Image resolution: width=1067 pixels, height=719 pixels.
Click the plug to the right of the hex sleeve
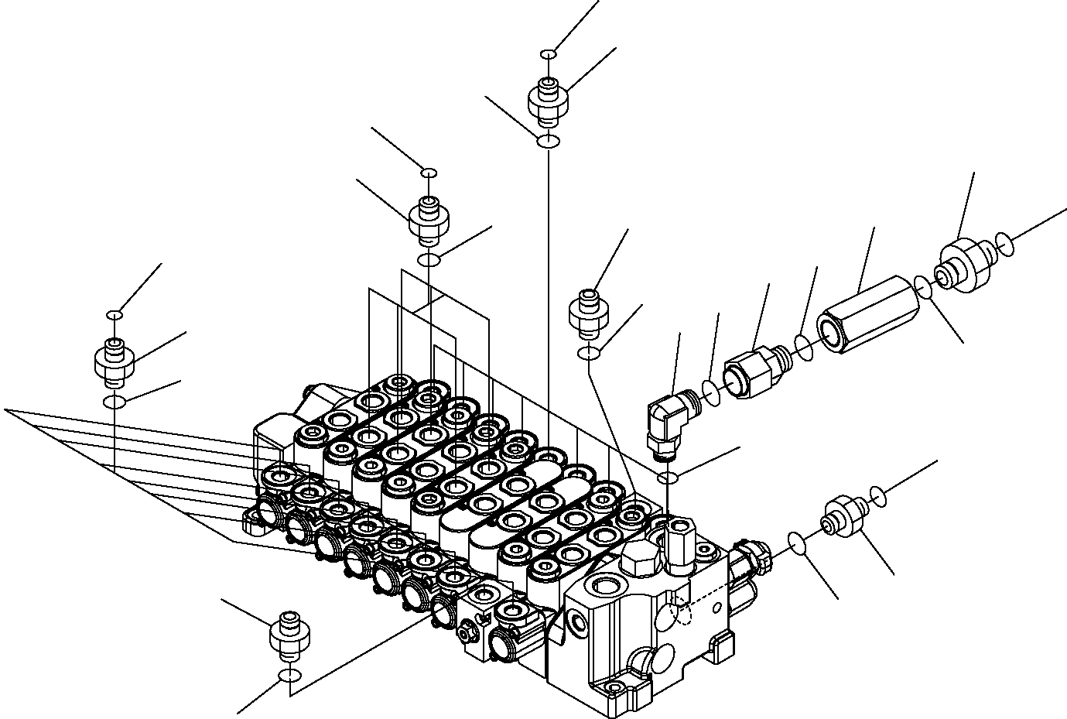(x=965, y=267)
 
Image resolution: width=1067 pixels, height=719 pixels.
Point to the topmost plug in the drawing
(x=549, y=101)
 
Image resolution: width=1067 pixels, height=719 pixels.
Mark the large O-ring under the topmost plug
(x=548, y=140)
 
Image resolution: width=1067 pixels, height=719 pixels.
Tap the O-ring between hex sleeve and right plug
(x=922, y=287)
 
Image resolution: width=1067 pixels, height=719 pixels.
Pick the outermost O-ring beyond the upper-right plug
(x=1004, y=244)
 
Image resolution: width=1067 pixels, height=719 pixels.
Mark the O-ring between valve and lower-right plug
(x=799, y=543)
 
